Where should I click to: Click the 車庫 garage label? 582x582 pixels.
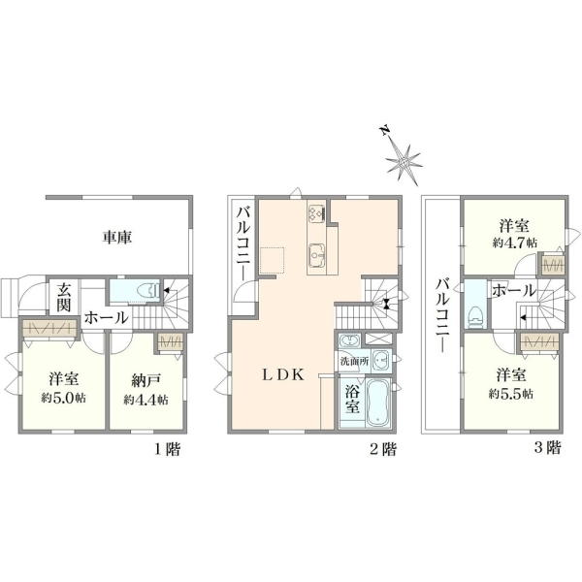pos(117,238)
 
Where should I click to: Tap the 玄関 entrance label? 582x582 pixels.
pos(64,298)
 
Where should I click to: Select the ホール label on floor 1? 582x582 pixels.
pos(107,318)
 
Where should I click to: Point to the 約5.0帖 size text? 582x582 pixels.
pos(63,398)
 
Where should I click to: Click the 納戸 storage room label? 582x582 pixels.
pos(146,380)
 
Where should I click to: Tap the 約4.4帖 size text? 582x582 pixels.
pos(145,400)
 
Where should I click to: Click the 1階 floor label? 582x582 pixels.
pos(168,449)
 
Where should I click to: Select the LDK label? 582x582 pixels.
pos(283,374)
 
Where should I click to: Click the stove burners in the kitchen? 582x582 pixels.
pos(316,214)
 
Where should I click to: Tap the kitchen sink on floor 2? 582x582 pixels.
pos(317,255)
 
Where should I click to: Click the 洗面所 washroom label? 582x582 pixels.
pos(354,361)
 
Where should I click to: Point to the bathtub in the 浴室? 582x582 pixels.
pos(378,404)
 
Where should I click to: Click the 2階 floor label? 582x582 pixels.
pos(383,449)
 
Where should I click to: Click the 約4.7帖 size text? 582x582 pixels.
pos(514,243)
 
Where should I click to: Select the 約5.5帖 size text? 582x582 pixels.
pos(511,394)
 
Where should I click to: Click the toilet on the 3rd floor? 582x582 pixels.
pos(474,316)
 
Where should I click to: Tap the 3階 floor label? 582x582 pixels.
pos(547,447)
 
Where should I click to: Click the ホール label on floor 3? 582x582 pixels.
pos(514,291)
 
